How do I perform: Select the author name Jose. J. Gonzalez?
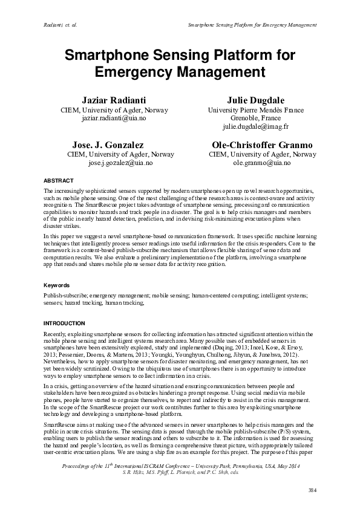(108, 145)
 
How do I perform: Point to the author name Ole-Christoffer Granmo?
(262, 145)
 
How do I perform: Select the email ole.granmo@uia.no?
(261, 163)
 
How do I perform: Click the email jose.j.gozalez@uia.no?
(120, 163)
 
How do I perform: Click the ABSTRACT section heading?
(59, 181)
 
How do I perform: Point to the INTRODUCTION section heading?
(65, 323)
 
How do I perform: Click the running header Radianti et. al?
(62, 25)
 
